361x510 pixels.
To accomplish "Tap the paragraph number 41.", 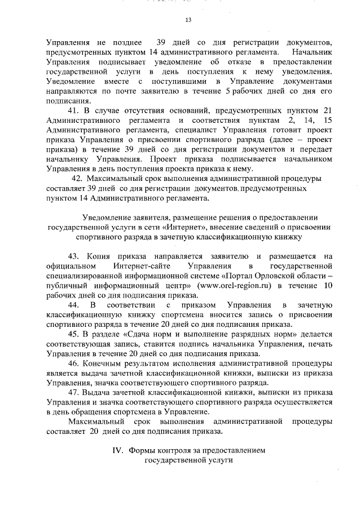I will (x=74, y=110).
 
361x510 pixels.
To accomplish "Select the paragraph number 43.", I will (x=74, y=256).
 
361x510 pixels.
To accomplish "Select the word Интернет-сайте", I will (x=137, y=267).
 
